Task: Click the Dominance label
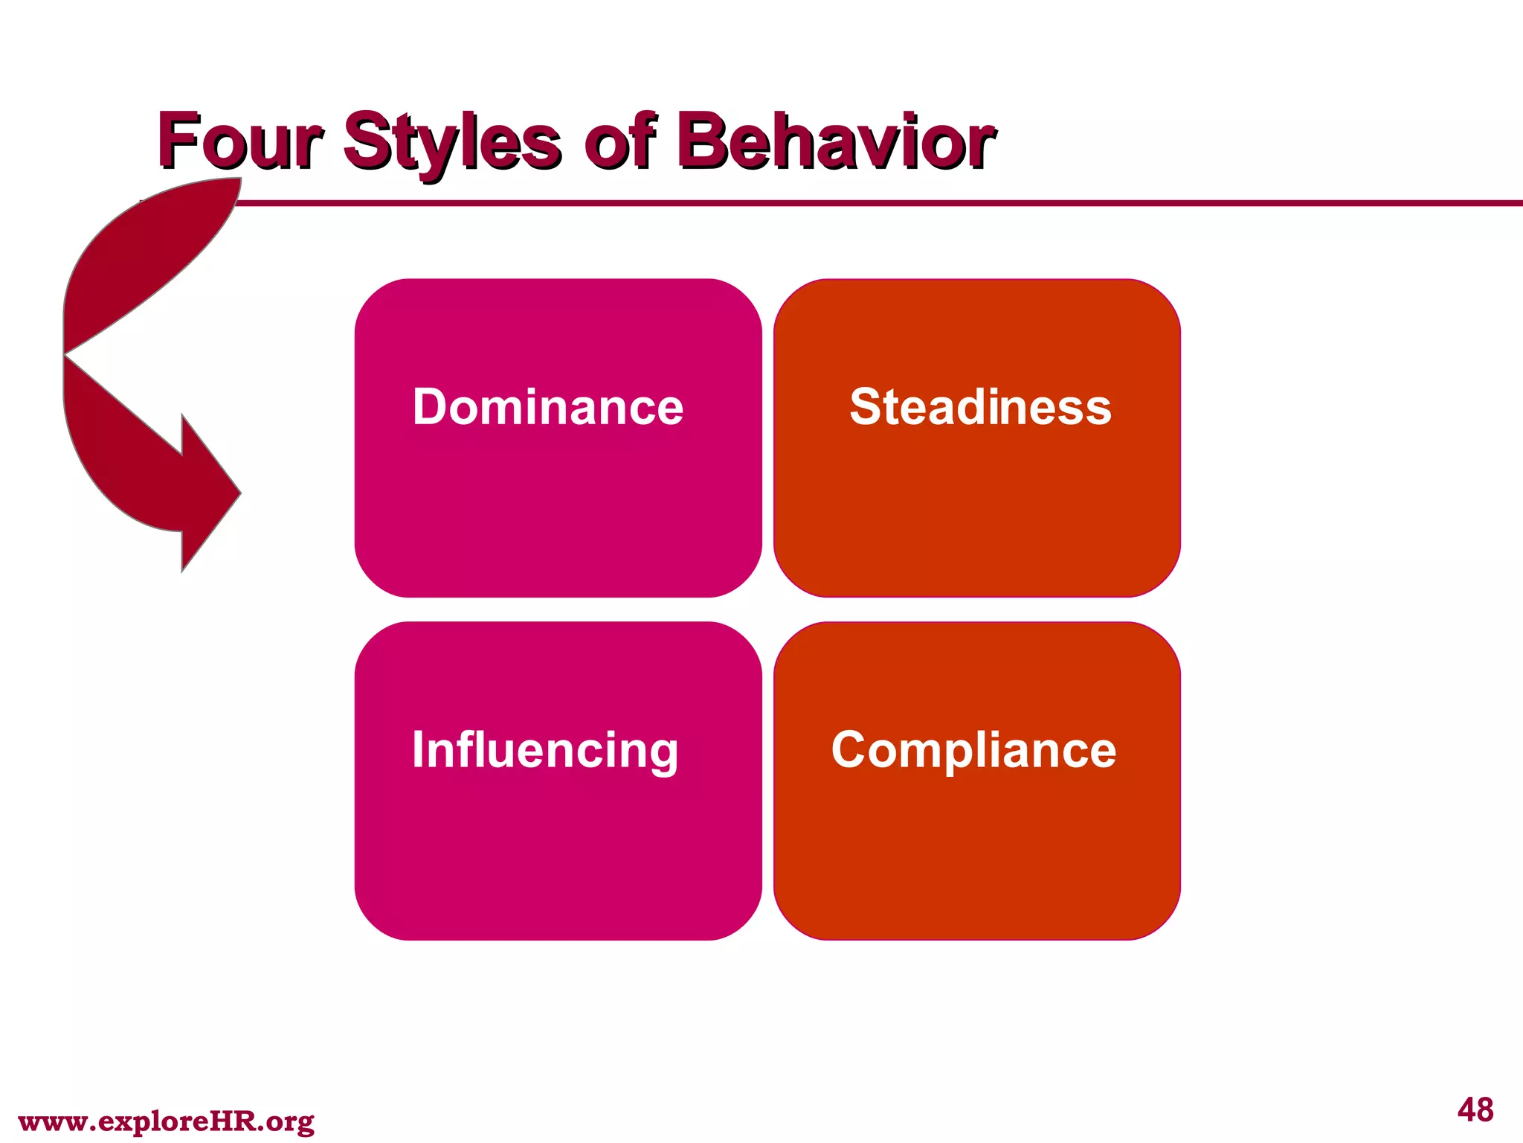(548, 407)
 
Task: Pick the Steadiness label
(980, 407)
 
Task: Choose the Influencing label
(545, 750)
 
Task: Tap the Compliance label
(973, 750)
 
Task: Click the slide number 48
(1475, 1110)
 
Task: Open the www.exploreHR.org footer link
(166, 1121)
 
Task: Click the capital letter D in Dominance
(431, 407)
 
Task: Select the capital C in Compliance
(851, 750)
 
